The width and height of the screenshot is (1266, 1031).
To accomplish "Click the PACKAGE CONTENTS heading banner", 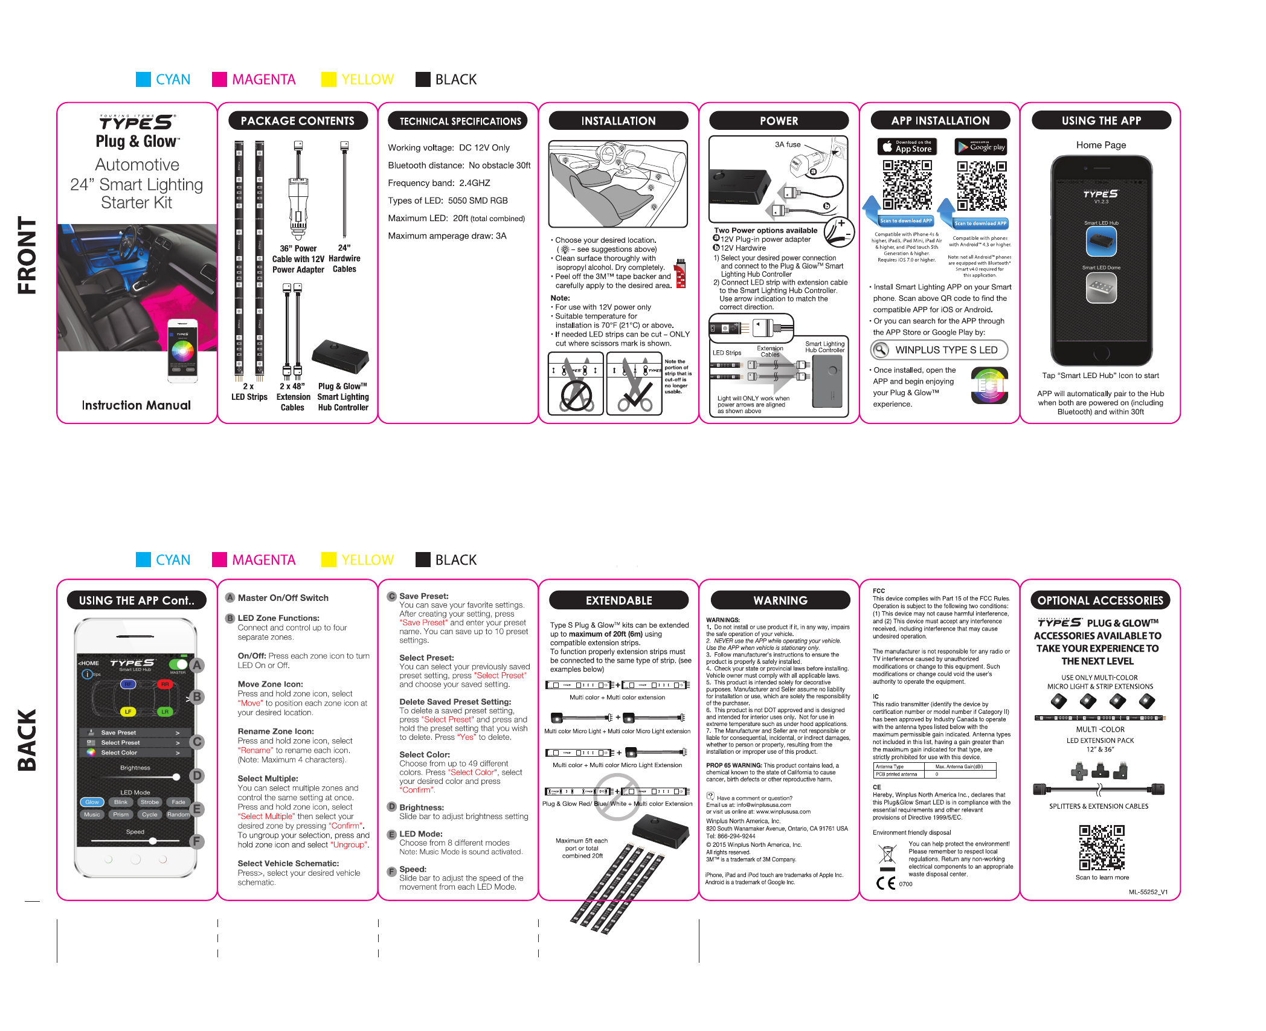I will (298, 121).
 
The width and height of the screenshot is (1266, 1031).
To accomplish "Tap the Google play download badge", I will (981, 147).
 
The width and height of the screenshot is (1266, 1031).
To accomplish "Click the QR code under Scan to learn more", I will (1102, 847).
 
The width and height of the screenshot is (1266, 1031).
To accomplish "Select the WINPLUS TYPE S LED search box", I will (939, 350).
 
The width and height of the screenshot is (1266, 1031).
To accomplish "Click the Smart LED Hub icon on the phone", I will (1101, 242).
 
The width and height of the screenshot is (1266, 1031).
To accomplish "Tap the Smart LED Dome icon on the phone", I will (1101, 287).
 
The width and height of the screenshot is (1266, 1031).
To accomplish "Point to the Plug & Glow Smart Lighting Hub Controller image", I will (341, 356).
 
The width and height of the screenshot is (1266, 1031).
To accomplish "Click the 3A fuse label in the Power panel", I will (788, 145).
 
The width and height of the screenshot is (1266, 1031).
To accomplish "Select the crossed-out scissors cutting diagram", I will (576, 384).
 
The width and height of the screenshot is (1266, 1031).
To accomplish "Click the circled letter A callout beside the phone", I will (197, 666).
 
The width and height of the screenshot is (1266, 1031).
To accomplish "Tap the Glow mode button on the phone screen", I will (92, 803).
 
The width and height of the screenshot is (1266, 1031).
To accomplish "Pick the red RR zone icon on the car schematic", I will (164, 684).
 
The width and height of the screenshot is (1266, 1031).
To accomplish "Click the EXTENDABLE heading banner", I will (619, 601).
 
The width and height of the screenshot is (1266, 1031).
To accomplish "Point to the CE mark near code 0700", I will (886, 883).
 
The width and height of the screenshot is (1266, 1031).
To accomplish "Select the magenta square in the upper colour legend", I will (219, 80).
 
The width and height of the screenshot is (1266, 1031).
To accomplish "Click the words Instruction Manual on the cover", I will (137, 405).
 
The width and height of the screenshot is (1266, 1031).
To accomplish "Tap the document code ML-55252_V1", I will (1148, 892).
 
